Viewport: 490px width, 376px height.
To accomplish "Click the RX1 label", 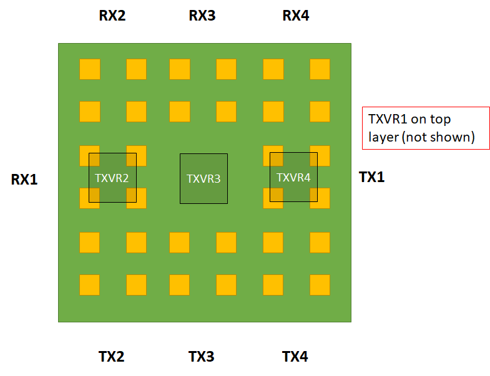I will [x=24, y=180].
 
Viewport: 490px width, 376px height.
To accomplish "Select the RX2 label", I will [x=112, y=16].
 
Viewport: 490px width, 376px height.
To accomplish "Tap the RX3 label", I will [x=202, y=16].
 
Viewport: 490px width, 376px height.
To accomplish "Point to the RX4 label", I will [x=296, y=16].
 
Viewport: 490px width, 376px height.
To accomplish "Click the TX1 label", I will [x=372, y=177].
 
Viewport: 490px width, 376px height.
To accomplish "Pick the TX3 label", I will [x=202, y=357].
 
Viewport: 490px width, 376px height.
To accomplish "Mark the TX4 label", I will [x=295, y=357].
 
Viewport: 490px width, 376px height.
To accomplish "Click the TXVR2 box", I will [x=112, y=178].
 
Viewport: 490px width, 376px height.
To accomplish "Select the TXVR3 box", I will [x=203, y=178].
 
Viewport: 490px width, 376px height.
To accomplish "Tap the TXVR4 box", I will [x=293, y=177].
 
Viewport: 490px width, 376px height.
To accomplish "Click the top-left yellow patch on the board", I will [x=89, y=69].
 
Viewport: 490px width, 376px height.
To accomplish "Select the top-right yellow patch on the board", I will [x=320, y=69].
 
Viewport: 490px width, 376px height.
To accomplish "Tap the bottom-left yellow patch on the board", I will [x=89, y=285].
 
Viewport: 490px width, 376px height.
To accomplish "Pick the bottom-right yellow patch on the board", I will [x=320, y=285].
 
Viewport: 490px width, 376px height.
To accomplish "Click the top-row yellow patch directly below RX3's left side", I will [x=179, y=69].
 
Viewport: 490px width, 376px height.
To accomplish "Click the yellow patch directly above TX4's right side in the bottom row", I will [x=320, y=285].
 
